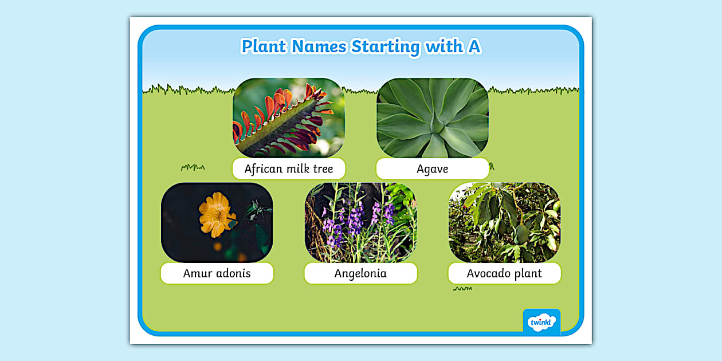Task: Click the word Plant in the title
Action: [264, 46]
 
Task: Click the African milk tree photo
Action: [289, 117]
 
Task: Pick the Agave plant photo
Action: [432, 117]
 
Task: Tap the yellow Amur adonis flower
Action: [216, 214]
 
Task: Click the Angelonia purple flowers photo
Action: [360, 222]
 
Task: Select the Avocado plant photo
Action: [504, 222]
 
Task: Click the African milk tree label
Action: [289, 169]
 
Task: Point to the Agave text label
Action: [432, 169]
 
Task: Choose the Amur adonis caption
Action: [217, 273]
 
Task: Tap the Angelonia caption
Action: [360, 273]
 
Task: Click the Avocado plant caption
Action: [504, 273]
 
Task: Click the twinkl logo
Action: [541, 321]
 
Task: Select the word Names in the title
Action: [319, 46]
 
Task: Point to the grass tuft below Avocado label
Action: [462, 289]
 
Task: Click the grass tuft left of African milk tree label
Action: [193, 167]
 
